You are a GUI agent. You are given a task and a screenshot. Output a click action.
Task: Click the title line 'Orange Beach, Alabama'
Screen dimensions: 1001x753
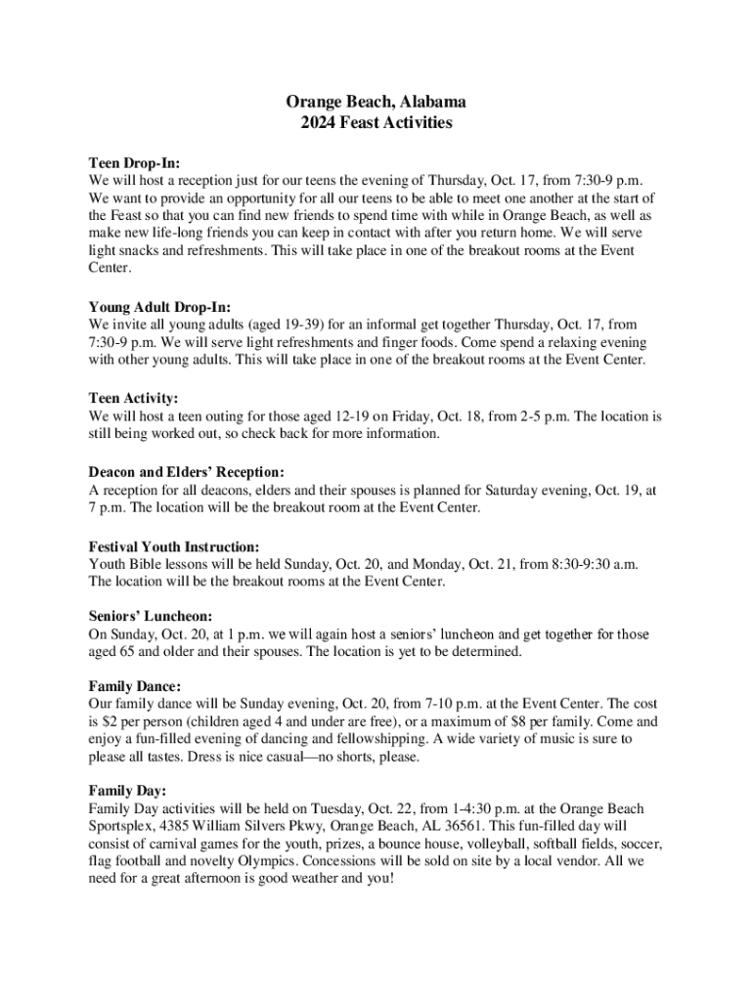coord(376,102)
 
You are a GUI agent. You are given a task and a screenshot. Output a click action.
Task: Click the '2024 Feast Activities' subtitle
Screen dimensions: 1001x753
coord(376,123)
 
